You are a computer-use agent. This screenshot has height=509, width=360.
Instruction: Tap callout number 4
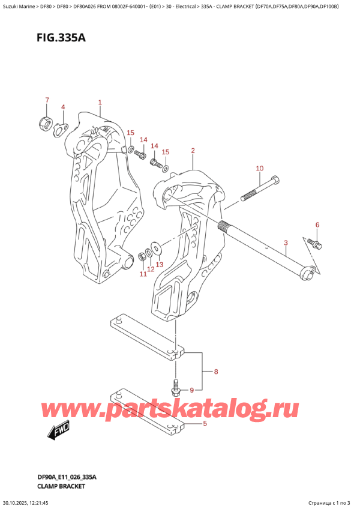coord(62,108)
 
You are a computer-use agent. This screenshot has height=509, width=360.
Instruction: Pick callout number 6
coord(317,225)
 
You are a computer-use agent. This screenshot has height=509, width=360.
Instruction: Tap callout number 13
coord(160,265)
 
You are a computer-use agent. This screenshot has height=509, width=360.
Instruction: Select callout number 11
coord(143,274)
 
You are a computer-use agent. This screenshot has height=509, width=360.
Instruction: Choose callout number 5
coord(205,425)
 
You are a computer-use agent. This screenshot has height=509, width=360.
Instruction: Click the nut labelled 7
coord(44,124)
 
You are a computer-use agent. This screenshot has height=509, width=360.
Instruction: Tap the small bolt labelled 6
coord(316,243)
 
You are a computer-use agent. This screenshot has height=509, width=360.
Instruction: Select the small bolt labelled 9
coord(176,389)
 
